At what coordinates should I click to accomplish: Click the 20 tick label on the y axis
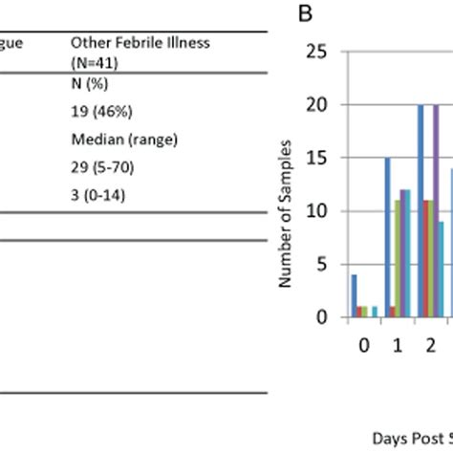click(x=327, y=104)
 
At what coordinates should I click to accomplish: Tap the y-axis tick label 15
click(x=327, y=158)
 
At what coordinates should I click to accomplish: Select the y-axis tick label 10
click(x=327, y=211)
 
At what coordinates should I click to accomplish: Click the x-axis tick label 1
click(x=397, y=342)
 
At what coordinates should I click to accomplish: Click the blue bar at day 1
click(x=387, y=238)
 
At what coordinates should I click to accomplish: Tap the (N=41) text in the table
click(x=92, y=60)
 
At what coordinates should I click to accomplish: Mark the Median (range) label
click(x=112, y=139)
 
